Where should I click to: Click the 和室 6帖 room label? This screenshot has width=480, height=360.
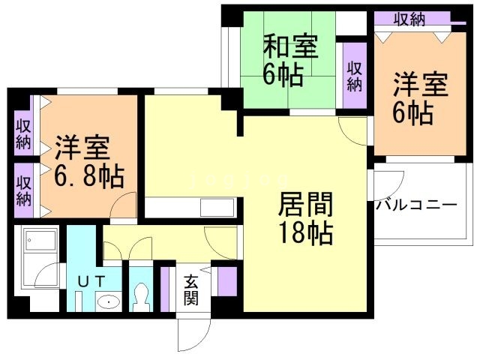tap(290, 61)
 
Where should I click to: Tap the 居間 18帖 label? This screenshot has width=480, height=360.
tap(305, 218)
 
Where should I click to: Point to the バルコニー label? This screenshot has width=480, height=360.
tap(416, 205)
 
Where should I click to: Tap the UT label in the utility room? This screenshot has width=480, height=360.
tap(91, 282)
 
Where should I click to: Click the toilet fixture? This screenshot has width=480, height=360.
tap(141, 297)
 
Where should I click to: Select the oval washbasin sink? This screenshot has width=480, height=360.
tap(109, 302)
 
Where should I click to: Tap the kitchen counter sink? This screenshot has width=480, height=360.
tap(217, 208)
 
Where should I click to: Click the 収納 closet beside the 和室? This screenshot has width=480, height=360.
tap(355, 76)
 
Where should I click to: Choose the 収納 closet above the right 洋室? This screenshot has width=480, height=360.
tap(412, 19)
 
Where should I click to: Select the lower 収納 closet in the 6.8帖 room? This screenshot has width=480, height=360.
tap(23, 190)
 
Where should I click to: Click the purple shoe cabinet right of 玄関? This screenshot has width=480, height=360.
tap(226, 281)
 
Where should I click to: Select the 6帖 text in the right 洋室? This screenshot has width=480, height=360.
tap(412, 113)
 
